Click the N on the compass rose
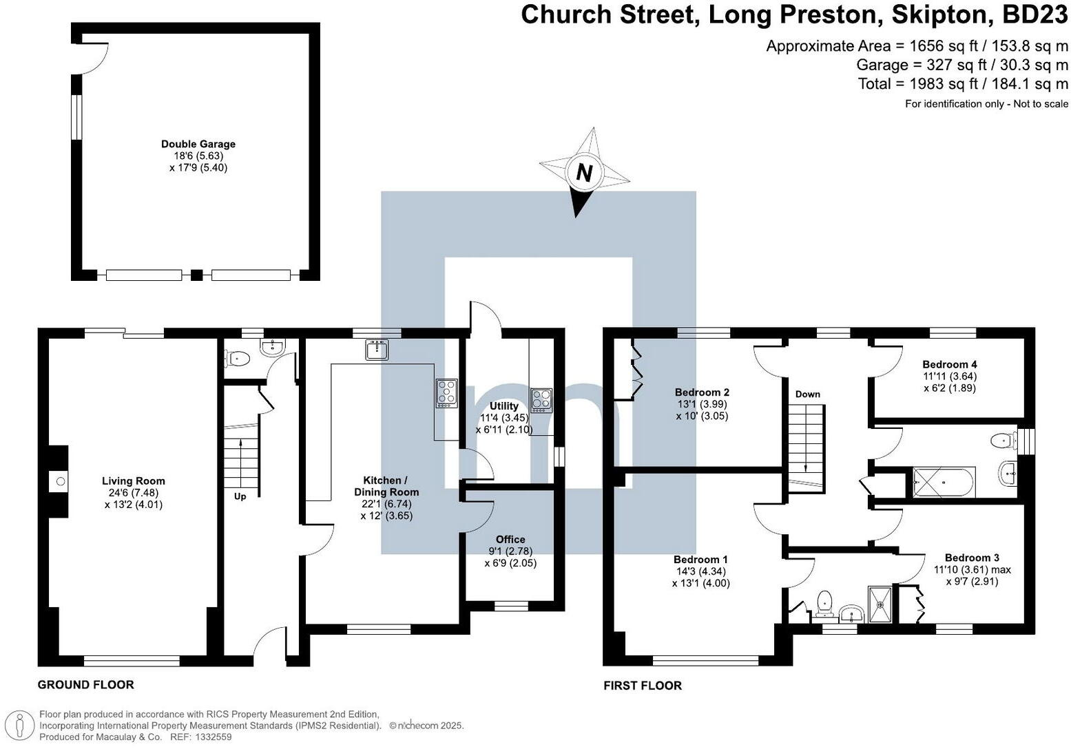[x=584, y=172]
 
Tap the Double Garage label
[x=198, y=144]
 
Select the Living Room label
[x=134, y=481]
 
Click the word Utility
[x=504, y=405]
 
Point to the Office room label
[x=510, y=539]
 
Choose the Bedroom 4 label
[x=950, y=364]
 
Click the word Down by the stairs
[x=807, y=394]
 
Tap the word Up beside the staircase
[x=240, y=496]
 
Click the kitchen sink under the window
[x=377, y=350]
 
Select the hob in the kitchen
[x=446, y=393]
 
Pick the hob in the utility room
[x=541, y=401]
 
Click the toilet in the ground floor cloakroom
[x=237, y=358]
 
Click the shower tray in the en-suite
[x=880, y=604]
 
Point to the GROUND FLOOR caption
[x=85, y=685]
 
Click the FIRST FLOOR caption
[x=643, y=686]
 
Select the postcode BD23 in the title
[x=1034, y=15]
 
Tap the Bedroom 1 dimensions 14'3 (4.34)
[x=701, y=571]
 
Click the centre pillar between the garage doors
[x=196, y=275]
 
